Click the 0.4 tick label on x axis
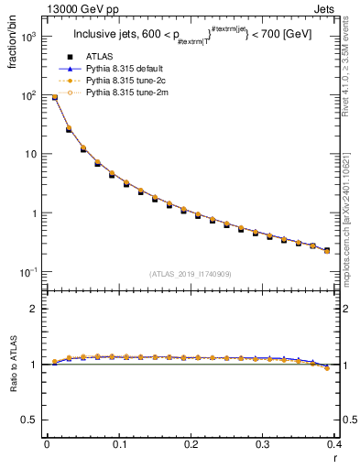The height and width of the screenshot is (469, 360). (335, 445)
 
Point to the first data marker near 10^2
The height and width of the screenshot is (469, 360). (54, 97)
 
